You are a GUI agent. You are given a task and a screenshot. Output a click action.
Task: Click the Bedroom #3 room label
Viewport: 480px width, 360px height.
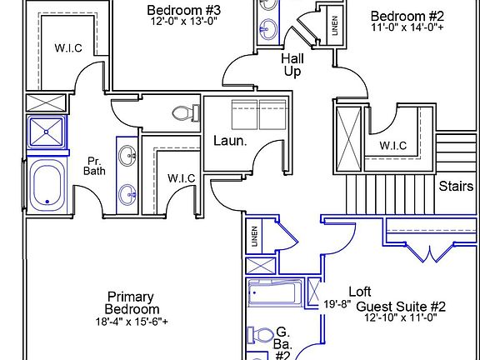[183, 10]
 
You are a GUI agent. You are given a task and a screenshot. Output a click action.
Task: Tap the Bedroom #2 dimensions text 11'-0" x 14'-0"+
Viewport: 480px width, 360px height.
[407, 27]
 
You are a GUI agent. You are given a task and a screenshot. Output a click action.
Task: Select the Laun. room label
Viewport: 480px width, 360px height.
[230, 141]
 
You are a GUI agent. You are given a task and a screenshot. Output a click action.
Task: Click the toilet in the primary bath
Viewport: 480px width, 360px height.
[186, 113]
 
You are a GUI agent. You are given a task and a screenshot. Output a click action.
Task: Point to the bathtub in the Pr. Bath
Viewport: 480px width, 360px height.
[47, 186]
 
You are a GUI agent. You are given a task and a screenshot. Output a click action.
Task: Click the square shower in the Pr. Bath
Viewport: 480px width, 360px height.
[46, 132]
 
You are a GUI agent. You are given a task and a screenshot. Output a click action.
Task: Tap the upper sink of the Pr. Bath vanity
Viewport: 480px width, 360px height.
[127, 155]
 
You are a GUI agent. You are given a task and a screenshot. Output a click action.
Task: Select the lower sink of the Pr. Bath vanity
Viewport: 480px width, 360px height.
[127, 194]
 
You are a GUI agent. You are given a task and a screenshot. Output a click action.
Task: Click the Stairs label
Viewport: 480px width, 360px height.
[456, 186]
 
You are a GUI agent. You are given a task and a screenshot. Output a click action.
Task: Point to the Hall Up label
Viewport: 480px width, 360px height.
[292, 65]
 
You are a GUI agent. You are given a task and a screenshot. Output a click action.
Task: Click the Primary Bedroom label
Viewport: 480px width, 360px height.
[132, 302]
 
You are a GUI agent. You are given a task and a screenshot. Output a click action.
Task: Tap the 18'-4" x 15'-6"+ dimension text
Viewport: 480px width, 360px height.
[132, 322]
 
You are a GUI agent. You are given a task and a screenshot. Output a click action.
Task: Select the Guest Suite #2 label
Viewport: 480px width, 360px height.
[401, 306]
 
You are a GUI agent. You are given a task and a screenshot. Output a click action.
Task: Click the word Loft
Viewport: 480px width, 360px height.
[360, 292]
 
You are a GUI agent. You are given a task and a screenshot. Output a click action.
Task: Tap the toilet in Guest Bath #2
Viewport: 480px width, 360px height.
[261, 335]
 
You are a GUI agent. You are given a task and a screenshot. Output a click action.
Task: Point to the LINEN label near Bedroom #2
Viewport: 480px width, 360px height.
[335, 26]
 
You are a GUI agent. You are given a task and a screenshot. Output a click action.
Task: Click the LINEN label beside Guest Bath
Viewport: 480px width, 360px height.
[255, 237]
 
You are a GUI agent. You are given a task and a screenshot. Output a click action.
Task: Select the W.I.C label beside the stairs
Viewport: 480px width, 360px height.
[393, 145]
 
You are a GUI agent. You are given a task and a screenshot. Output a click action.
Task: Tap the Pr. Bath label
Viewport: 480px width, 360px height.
[94, 166]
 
